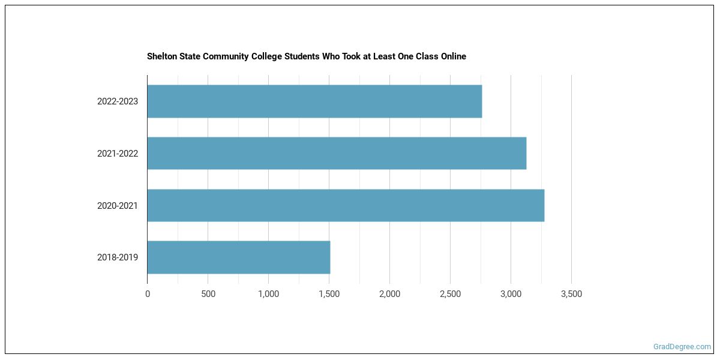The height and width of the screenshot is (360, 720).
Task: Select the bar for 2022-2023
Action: [314, 101]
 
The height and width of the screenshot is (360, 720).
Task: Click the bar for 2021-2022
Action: [337, 154]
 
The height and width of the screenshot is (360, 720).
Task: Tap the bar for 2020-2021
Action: [346, 206]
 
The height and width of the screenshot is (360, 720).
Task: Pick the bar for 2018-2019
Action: [239, 257]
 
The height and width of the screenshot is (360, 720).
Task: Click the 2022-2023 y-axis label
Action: [118, 101]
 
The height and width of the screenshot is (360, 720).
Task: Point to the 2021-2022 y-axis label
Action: [118, 154]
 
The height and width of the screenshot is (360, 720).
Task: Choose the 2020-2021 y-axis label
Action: [118, 206]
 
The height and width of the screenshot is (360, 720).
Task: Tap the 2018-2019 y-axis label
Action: [118, 257]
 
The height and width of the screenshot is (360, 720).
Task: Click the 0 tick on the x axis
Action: [148, 294]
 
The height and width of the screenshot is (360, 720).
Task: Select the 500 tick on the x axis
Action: [208, 294]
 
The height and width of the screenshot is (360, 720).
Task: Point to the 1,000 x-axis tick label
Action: [268, 294]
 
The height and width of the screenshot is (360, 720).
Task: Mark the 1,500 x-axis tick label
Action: [329, 294]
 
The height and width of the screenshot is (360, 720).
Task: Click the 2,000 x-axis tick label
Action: [389, 294]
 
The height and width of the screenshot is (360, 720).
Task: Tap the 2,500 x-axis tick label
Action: [450, 294]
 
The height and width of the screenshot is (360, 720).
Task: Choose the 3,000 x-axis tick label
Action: [511, 294]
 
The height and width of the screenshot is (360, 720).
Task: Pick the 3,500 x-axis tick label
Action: [571, 294]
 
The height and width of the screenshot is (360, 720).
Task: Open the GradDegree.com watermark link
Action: [682, 347]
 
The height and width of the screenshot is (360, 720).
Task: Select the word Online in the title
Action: [452, 56]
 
